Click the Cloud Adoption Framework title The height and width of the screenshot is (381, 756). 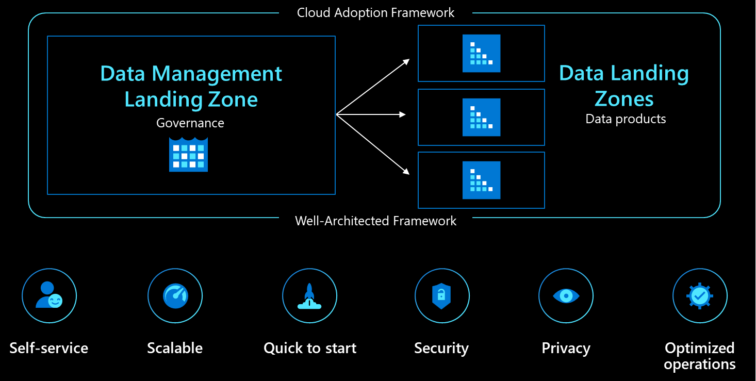tap(375, 13)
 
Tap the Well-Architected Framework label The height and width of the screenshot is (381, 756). tap(375, 221)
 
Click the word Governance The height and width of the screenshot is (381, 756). tap(190, 123)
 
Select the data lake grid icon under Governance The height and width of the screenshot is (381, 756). tap(188, 155)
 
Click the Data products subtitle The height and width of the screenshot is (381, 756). tap(626, 119)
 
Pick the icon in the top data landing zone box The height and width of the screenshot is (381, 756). tap(481, 53)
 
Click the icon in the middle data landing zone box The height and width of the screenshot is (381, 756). tap(481, 117)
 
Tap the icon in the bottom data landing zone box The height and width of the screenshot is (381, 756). tap(481, 180)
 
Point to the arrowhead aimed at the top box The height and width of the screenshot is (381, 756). tap(406, 62)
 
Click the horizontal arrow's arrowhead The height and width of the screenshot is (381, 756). tap(402, 115)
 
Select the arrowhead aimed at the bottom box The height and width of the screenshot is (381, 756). tap(406, 172)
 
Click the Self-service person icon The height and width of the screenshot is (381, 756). tap(49, 295)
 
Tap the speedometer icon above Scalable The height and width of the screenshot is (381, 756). tap(175, 296)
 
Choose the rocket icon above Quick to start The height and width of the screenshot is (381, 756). tap(309, 296)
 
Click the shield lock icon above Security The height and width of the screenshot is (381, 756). tap(441, 296)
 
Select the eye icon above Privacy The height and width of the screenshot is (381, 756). tap(566, 296)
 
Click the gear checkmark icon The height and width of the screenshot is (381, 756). tap(700, 295)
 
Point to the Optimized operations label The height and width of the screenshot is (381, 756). tap(700, 356)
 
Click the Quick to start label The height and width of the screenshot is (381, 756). tap(310, 349)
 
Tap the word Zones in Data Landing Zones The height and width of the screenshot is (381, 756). tap(624, 99)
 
